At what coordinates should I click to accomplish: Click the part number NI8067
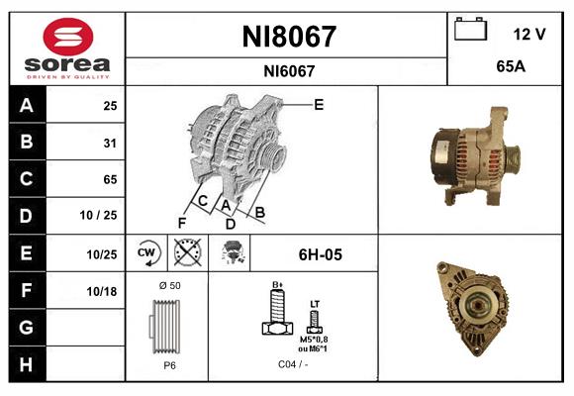[x=289, y=37]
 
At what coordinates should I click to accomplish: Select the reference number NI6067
[x=289, y=70]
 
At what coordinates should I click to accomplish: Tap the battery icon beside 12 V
[x=469, y=31]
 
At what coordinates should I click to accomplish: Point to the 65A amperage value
[x=511, y=68]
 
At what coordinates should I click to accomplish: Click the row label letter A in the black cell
[x=26, y=105]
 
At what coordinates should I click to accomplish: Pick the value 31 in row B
[x=110, y=143]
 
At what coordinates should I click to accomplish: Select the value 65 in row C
[x=110, y=179]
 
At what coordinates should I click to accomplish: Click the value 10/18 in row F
[x=102, y=291]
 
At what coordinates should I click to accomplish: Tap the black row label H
[x=26, y=364]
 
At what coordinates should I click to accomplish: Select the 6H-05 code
[x=321, y=254]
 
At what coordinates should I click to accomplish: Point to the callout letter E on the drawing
[x=319, y=104]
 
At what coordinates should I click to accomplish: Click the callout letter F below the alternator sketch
[x=182, y=222]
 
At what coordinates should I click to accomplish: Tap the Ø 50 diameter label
[x=168, y=285]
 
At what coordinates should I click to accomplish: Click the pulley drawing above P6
[x=168, y=327]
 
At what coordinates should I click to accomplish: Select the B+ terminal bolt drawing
[x=278, y=315]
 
